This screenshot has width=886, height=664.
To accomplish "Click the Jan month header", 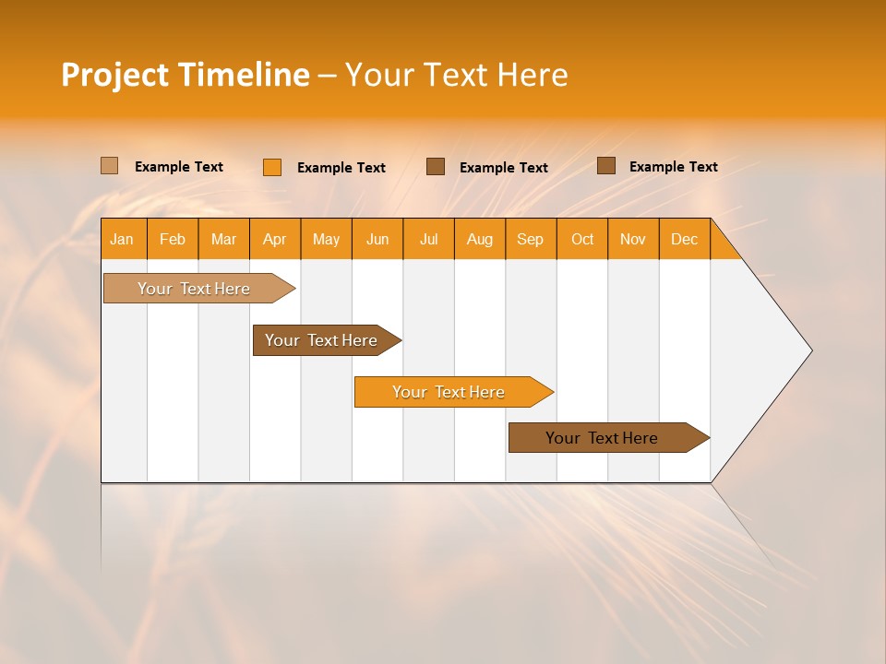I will tap(122, 239).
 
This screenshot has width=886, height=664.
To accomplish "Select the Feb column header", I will tap(173, 239).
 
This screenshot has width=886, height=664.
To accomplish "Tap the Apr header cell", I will tap(274, 239).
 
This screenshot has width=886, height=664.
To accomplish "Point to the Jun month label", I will tap(377, 239).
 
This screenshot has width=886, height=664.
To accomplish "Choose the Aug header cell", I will tap(479, 239).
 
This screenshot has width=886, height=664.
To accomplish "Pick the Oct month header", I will tap(582, 239).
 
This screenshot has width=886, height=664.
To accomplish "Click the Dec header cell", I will tap(684, 239).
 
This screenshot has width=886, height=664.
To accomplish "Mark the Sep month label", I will tap(530, 239).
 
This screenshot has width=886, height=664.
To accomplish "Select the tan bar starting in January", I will tap(194, 289).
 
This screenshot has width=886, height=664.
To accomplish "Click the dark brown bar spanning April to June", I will tap(321, 340).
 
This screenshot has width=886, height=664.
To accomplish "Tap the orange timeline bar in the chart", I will tap(449, 392).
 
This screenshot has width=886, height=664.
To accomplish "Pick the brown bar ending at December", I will tap(602, 438).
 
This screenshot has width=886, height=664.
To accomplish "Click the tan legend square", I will tap(109, 166).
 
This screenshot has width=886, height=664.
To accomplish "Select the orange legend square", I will tap(271, 167).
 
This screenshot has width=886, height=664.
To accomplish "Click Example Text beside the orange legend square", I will tap(341, 168).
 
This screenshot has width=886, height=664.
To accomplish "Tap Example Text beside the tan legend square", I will tap(178, 167).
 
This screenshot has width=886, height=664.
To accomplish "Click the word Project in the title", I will tap(115, 75).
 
